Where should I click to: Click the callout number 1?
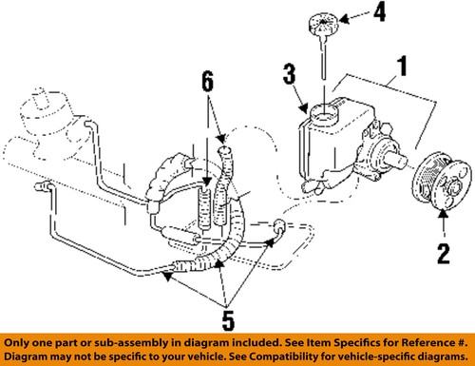tap(402, 66)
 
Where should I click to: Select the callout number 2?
tap(444, 254)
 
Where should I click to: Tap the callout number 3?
tap(290, 74)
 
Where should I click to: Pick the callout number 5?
tap(228, 320)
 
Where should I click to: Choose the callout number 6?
tap(208, 82)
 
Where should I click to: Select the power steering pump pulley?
tap(440, 183)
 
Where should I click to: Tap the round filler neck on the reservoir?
tap(324, 113)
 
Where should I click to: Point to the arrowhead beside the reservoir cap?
tap(344, 19)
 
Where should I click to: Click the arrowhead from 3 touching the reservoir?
tap(305, 108)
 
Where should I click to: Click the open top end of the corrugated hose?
tap(225, 149)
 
